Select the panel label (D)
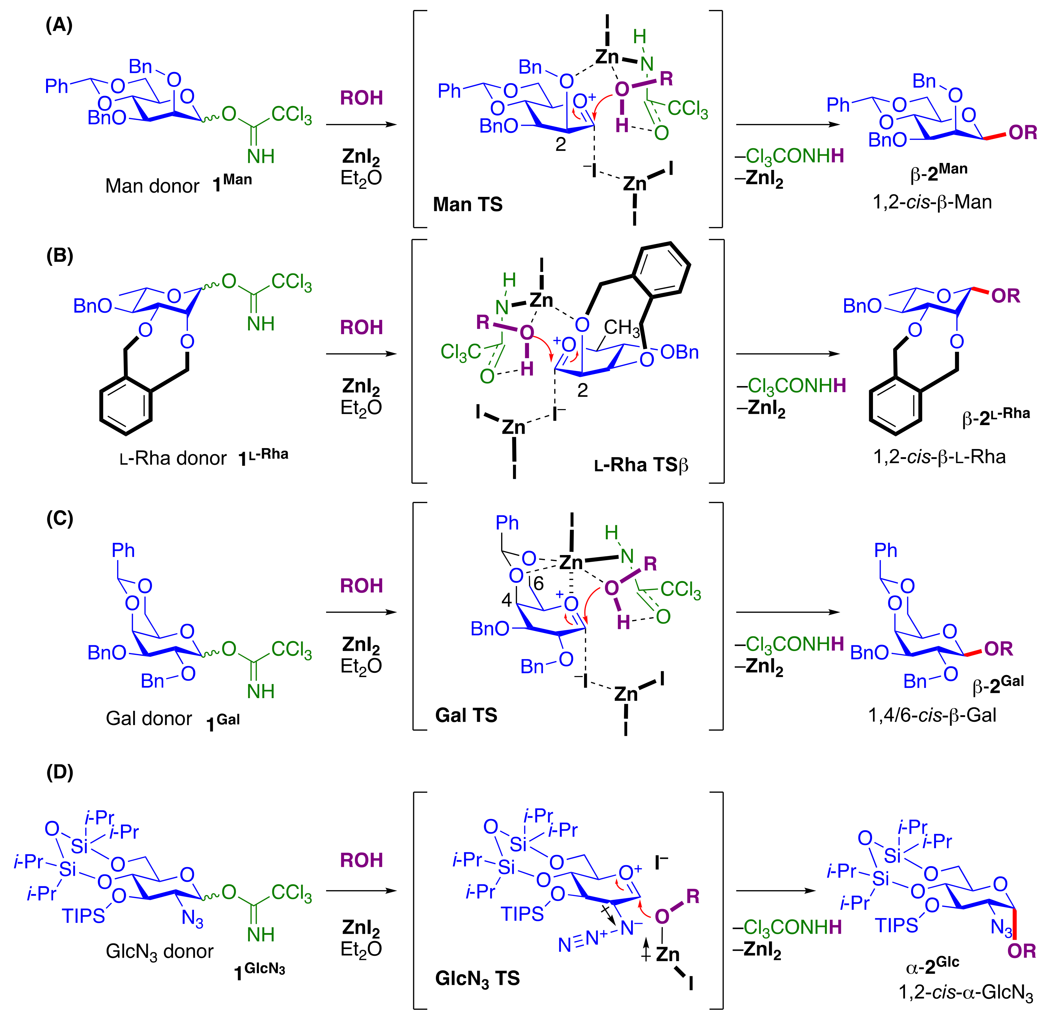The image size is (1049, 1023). pos(60,772)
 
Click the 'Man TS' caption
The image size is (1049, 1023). pos(467,204)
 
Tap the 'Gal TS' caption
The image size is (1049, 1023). pos(466,715)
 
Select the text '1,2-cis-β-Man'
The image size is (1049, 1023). pos(932,202)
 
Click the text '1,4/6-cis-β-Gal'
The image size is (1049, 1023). pos(932,715)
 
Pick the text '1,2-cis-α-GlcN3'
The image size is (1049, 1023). pos(965,992)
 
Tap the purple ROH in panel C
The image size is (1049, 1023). pos(361,586)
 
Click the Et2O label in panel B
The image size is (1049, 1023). pos(361,408)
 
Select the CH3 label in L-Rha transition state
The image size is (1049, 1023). pos(621,327)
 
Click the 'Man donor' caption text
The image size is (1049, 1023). pos(152,186)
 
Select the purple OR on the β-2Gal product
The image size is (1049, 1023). pos(998,649)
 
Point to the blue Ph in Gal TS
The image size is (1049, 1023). pos(507,522)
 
